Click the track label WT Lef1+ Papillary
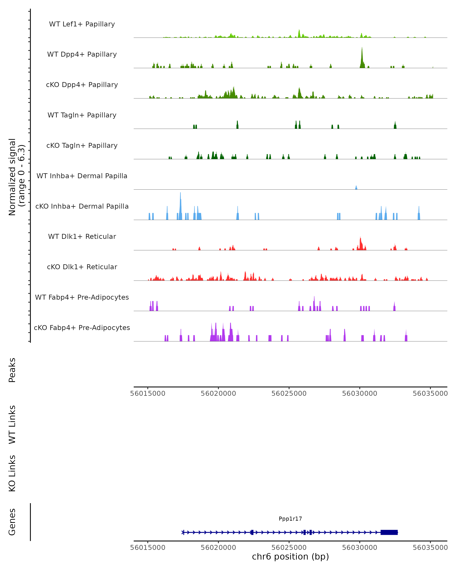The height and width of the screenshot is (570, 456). click(82, 24)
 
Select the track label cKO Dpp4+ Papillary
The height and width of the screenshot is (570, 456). click(82, 85)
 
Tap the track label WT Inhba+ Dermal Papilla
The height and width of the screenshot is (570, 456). click(82, 176)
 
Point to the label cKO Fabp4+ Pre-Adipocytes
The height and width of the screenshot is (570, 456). click(82, 328)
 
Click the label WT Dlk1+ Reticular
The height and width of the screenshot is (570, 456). click(82, 237)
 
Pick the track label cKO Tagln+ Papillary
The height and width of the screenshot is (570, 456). click(82, 146)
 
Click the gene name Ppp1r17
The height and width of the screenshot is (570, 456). click(290, 519)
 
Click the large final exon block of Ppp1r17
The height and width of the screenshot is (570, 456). click(389, 532)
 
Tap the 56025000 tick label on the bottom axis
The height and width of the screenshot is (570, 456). click(289, 548)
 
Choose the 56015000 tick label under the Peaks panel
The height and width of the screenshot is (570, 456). click(148, 393)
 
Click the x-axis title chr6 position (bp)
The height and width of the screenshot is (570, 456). click(290, 557)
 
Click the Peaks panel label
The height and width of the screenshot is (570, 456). click(12, 370)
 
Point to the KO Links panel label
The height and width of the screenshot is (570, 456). click(12, 473)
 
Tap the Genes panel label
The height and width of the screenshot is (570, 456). click(12, 522)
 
